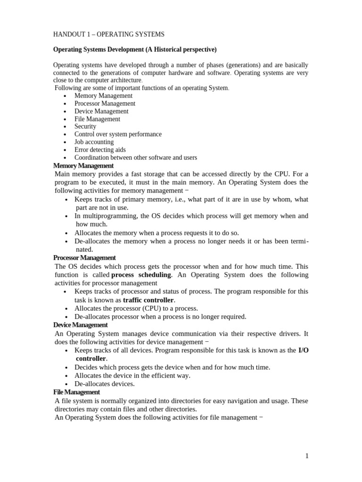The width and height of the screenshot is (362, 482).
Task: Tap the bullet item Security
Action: tap(85, 126)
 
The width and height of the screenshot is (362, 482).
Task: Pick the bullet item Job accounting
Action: tap(94, 142)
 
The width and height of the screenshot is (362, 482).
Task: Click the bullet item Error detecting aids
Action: tap(100, 150)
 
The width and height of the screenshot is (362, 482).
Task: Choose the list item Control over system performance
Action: tap(118, 134)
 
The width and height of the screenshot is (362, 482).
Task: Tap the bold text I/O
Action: tap(304, 351)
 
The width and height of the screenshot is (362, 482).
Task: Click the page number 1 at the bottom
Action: tap(306, 456)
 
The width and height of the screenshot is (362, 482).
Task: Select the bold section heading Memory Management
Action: tap(83, 166)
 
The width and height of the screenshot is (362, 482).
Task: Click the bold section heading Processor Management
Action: tap(84, 258)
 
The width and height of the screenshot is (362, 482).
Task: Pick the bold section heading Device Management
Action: tap(81, 325)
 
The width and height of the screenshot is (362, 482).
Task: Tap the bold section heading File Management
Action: tap(76, 392)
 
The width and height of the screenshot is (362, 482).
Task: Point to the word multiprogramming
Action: tap(108, 216)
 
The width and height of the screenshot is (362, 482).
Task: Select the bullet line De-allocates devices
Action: tap(105, 384)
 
